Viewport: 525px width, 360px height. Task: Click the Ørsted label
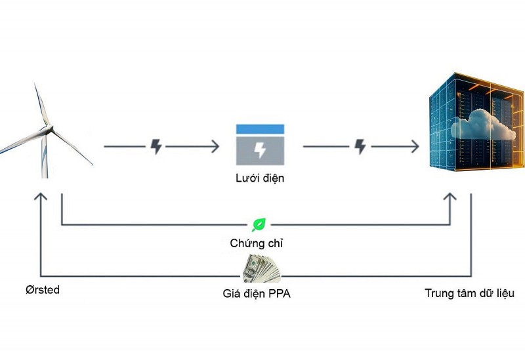(x=43, y=290)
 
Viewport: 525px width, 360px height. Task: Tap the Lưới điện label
(x=260, y=178)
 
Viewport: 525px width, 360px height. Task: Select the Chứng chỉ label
(x=257, y=243)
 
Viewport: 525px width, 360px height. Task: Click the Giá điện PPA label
(x=257, y=293)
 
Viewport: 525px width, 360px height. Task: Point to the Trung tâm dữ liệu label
(x=469, y=293)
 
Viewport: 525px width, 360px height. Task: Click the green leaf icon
(x=259, y=225)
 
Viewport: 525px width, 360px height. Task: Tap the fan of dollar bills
(x=262, y=268)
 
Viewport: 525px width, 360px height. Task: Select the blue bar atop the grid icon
(x=260, y=129)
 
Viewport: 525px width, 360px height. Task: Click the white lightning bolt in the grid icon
(x=260, y=150)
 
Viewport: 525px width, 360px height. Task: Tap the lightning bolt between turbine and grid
(x=156, y=146)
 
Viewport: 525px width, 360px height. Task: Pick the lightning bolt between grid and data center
(x=360, y=146)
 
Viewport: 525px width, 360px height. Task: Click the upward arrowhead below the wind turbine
(x=41, y=197)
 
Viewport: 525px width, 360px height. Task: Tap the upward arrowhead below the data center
(x=450, y=197)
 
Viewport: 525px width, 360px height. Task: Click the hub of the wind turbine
(x=49, y=130)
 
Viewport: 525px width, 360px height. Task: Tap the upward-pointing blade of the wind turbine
(x=42, y=105)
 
